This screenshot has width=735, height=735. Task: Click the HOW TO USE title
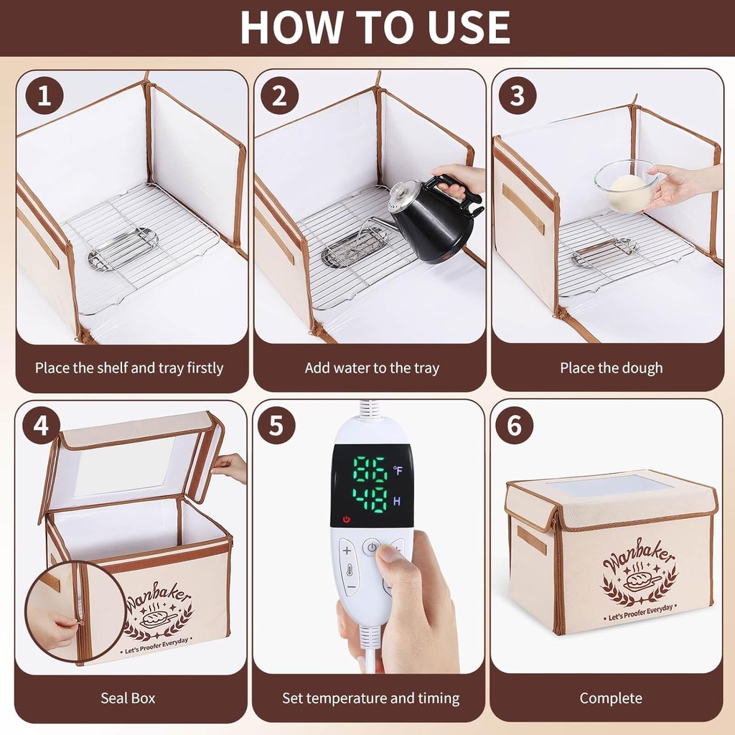click(x=375, y=27)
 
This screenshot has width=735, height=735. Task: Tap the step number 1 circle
click(x=45, y=96)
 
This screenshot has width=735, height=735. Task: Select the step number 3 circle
click(x=517, y=96)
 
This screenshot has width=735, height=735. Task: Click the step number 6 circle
click(x=514, y=426)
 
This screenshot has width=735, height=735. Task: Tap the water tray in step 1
click(x=123, y=248)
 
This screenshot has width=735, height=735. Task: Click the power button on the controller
click(x=372, y=548)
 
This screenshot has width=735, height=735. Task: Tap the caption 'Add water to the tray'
click(x=372, y=368)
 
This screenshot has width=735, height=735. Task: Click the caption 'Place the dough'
click(x=611, y=368)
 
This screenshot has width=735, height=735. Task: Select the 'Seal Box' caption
click(x=128, y=698)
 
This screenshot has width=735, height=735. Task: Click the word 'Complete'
click(x=611, y=698)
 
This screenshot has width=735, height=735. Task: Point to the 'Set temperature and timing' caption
click(x=370, y=698)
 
